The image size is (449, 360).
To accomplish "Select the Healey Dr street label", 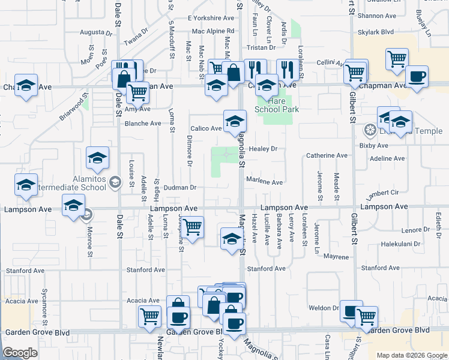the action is coord(265,149).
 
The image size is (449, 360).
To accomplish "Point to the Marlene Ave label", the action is coord(265,182).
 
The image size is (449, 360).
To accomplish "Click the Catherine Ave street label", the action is coord(327,155).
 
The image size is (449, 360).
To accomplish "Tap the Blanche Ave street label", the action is coord(143,124).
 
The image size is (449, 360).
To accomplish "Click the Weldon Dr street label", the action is coord(324,308).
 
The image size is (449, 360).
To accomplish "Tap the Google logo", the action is coord(20,353).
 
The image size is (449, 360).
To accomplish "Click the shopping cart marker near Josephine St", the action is coord(192,227).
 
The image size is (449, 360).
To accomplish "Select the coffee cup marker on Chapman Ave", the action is coord(417,76).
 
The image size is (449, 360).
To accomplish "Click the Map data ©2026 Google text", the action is coord(411,355).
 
